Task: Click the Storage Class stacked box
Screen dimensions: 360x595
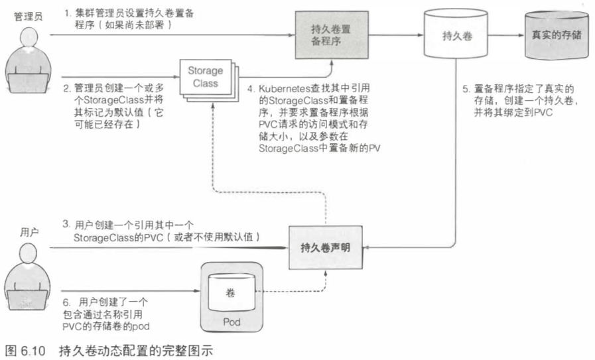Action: [206, 78]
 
